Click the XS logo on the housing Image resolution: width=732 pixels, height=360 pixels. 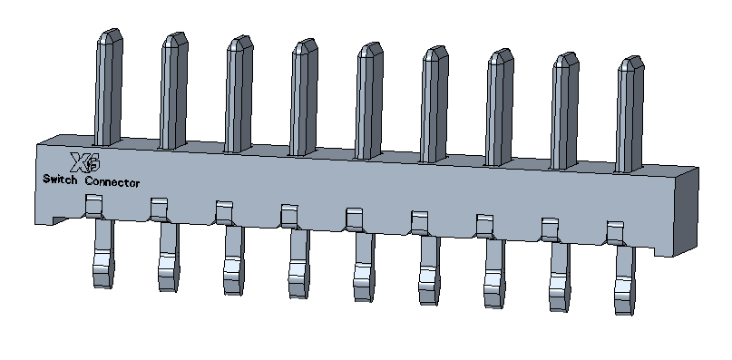[x=85, y=162]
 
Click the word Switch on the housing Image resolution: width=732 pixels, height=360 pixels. [x=60, y=180]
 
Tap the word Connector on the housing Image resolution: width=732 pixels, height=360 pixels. [x=112, y=182]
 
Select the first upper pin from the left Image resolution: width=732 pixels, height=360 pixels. [x=109, y=87]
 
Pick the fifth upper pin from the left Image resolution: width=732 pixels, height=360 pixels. [x=369, y=101]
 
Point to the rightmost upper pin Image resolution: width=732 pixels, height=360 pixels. [x=630, y=114]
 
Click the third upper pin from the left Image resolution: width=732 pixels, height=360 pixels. [x=239, y=93]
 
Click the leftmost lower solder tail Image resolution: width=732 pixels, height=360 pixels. [x=103, y=254]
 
